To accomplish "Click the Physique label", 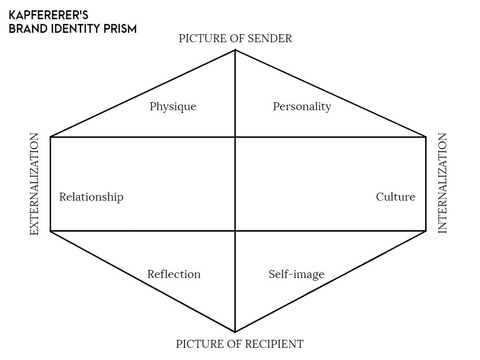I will pyautogui.click(x=172, y=107).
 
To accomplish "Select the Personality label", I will pyautogui.click(x=302, y=107).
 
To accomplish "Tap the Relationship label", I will pyautogui.click(x=91, y=197).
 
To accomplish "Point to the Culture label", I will pyautogui.click(x=395, y=197).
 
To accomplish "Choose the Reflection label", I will pyautogui.click(x=173, y=274).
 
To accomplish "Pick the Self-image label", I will pyautogui.click(x=296, y=274).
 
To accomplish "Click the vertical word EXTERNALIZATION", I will pyautogui.click(x=34, y=184).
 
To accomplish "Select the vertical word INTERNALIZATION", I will pyautogui.click(x=442, y=183).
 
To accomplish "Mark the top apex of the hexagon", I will pyautogui.click(x=235, y=50).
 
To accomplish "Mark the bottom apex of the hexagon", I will pyautogui.click(x=235, y=332).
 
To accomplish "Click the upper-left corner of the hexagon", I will pyautogui.click(x=50, y=137).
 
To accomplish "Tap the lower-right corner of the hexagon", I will pyautogui.click(x=426, y=231).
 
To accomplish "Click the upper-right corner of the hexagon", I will pyautogui.click(x=426, y=137).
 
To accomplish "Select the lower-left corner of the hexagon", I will pyautogui.click(x=50, y=231).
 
